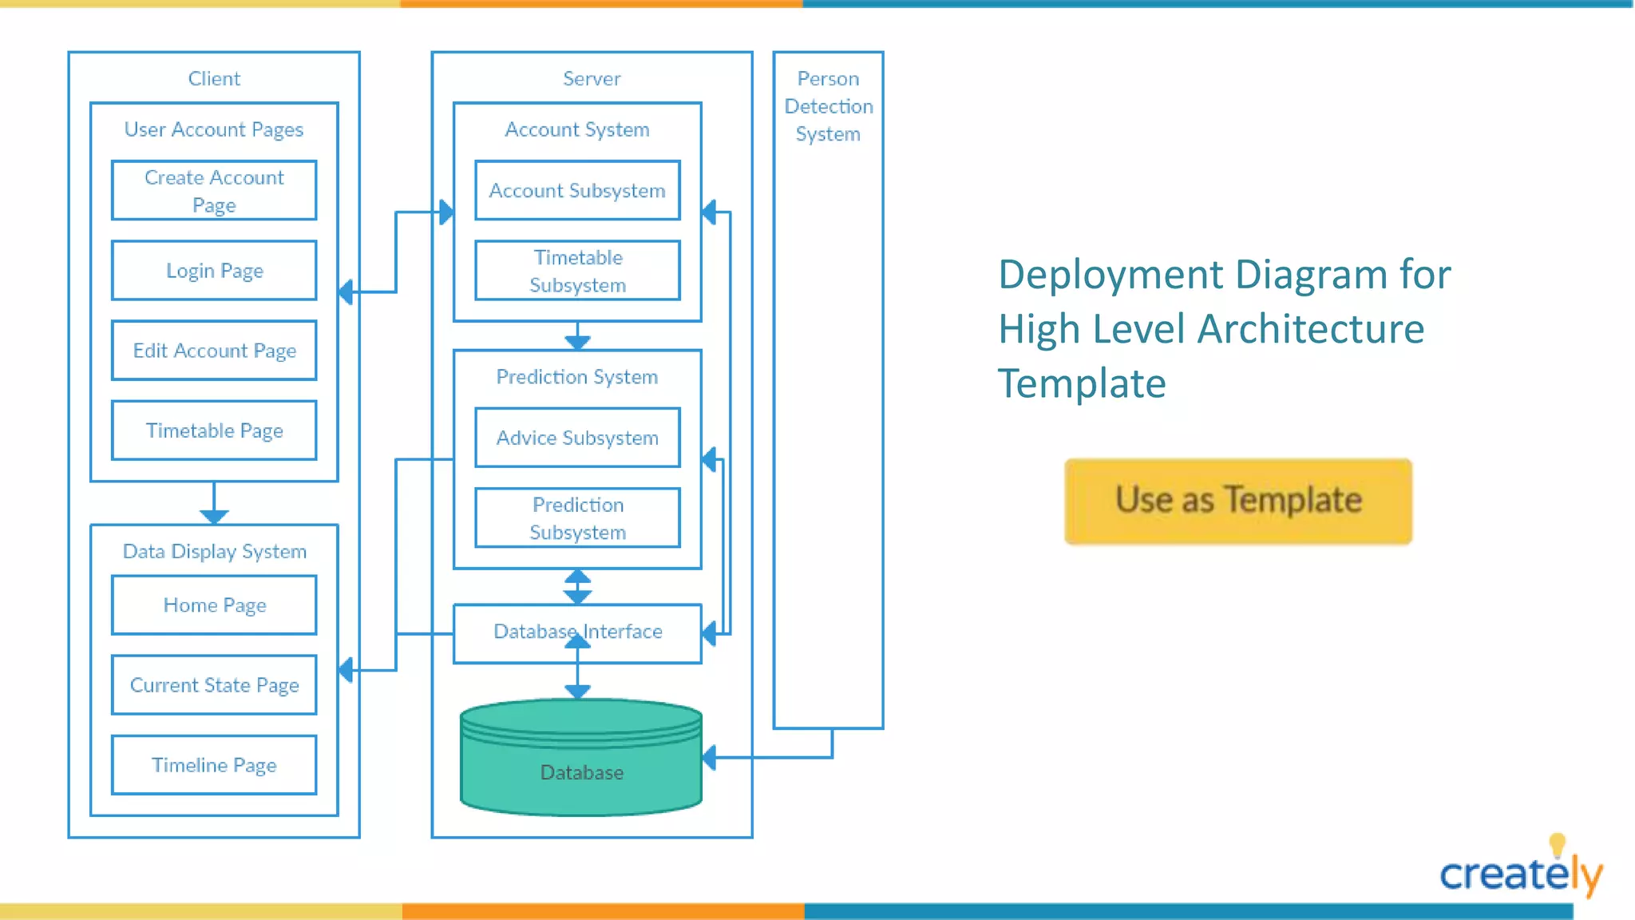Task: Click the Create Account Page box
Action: tap(214, 191)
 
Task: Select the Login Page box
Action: tap(214, 271)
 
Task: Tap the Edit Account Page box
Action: tap(214, 351)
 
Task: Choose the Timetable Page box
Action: tap(214, 430)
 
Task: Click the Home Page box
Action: tap(214, 605)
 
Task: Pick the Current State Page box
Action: tap(214, 685)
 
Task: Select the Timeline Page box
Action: tap(214, 765)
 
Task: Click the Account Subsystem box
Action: tap(577, 191)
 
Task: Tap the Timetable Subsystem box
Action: tap(577, 271)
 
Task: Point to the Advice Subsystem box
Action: tap(577, 438)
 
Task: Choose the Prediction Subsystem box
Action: tap(577, 518)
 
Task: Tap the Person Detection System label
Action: tap(828, 106)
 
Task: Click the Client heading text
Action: tap(214, 78)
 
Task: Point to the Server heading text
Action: tap(592, 78)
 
